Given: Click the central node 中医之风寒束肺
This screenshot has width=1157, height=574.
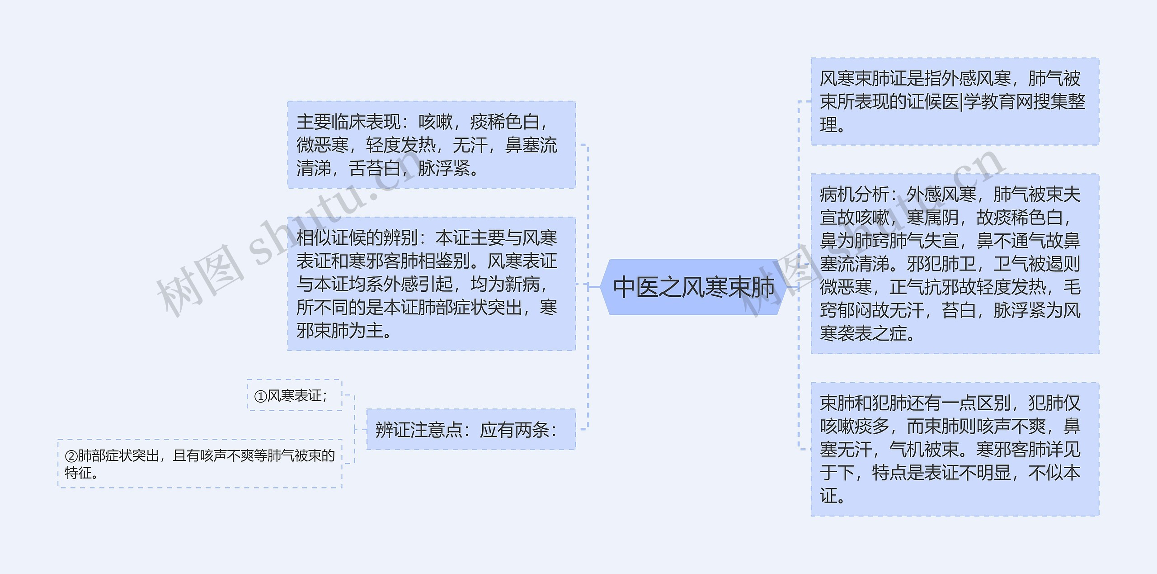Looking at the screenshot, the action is [693, 287].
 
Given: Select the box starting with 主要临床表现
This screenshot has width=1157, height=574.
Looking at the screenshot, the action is [431, 145].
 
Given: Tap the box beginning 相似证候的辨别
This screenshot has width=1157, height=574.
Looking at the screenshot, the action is [431, 284].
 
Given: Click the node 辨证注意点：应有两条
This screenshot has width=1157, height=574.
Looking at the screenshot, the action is [470, 429].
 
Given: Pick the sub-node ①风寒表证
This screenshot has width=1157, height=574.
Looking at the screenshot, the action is [294, 395].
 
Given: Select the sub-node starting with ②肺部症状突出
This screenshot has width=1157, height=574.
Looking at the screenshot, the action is [200, 464].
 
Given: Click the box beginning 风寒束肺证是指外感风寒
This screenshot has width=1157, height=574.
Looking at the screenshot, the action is [955, 101].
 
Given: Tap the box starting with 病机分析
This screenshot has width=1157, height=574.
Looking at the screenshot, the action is [955, 264].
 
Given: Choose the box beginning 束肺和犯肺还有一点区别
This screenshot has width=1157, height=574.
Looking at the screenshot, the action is [955, 449].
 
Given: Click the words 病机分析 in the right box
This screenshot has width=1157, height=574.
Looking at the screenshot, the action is [854, 195].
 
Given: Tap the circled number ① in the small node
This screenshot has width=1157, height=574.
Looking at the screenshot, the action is [261, 396].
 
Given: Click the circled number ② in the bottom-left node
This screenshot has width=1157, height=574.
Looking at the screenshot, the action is [71, 456].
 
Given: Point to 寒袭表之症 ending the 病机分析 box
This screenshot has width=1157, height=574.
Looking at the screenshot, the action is [863, 334].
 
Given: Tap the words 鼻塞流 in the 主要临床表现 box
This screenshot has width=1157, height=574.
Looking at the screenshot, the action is [531, 146].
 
